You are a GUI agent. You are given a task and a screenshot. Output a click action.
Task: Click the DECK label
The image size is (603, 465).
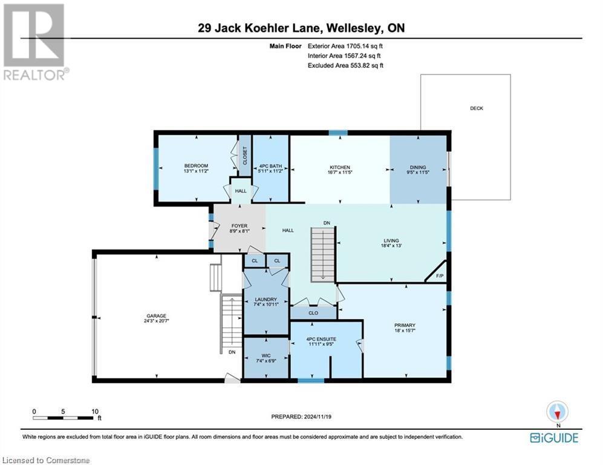pyautogui.click(x=477, y=108)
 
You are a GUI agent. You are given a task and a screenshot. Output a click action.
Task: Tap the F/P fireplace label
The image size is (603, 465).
pyautogui.click(x=440, y=276)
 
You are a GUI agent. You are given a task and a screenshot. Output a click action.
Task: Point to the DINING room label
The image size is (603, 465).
pyautogui.click(x=418, y=168)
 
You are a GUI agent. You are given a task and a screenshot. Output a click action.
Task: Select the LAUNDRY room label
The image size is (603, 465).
pyautogui.click(x=266, y=299)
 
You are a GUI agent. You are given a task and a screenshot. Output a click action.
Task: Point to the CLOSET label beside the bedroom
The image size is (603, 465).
pyautogui.click(x=245, y=156)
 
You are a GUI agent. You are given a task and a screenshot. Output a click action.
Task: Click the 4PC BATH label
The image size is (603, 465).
pyautogui.click(x=271, y=167)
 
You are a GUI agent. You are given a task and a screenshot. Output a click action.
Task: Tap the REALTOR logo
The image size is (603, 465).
pyautogui.click(x=35, y=42)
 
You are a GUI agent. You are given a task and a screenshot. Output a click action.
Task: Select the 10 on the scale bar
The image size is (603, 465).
pyautogui.click(x=94, y=411)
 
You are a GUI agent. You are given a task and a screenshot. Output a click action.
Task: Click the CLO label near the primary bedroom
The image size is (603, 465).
pyautogui.click(x=313, y=314)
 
